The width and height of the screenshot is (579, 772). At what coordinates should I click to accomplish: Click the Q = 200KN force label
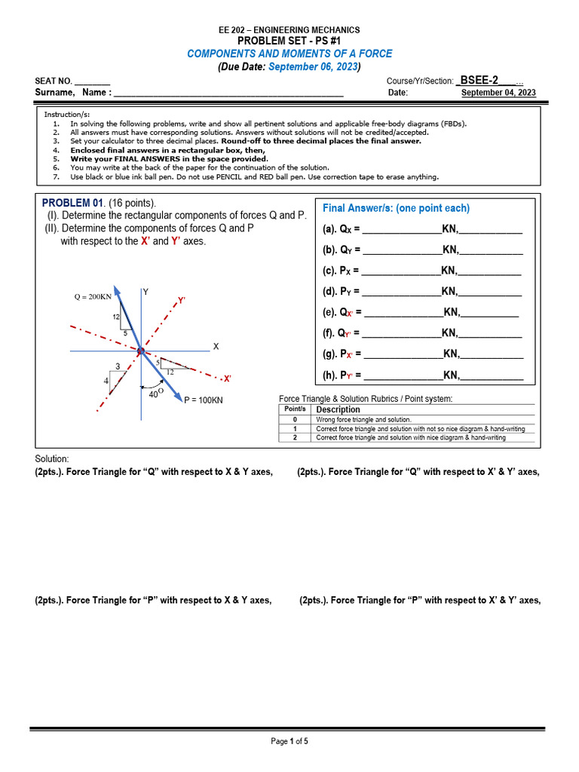point(92,296)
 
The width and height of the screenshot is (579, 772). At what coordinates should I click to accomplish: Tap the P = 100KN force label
point(204,400)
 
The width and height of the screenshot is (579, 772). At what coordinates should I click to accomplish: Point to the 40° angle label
point(156,392)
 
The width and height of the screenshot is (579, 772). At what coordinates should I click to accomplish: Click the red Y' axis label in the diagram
point(182,300)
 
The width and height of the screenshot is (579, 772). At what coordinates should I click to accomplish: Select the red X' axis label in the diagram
point(227,378)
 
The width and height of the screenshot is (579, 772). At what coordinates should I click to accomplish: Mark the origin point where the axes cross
point(140,351)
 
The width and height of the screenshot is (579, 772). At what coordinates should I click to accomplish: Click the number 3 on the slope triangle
point(118,366)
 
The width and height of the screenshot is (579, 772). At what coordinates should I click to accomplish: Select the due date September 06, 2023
point(313,66)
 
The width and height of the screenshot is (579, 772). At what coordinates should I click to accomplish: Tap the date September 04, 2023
point(498,93)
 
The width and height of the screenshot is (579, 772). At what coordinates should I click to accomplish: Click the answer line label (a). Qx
point(342,229)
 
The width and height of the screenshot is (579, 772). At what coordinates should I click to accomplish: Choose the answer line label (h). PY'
point(342,375)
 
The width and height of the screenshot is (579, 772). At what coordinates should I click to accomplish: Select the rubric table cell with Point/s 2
point(295,437)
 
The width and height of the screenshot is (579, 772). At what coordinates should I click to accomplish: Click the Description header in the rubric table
point(338,409)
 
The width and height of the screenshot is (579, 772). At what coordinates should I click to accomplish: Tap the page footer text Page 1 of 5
point(289,741)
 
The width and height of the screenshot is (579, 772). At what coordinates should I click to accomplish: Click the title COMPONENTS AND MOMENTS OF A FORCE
point(289,54)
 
